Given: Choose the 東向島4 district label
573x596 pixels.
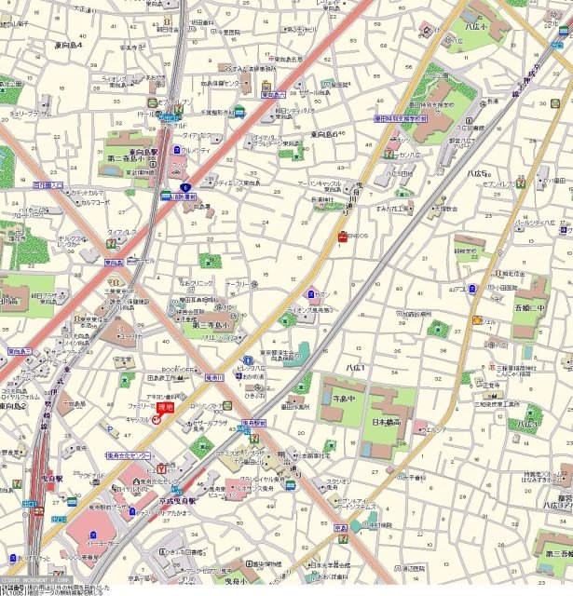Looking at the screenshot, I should click(67, 45).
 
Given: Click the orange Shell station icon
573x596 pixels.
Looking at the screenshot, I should click(477, 320).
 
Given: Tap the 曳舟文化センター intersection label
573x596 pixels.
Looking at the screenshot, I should click(128, 456).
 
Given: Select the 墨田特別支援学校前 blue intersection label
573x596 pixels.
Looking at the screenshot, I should click(400, 119).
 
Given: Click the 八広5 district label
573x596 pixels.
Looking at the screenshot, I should click(476, 171).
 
